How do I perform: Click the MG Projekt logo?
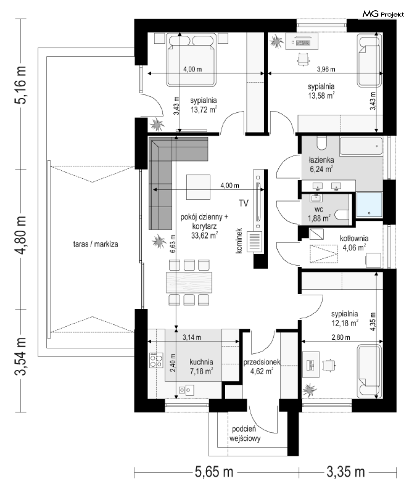[x=383, y=14]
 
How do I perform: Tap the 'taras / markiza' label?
[x=95, y=244]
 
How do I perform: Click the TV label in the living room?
[x=243, y=203]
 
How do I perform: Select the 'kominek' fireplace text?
[x=239, y=241]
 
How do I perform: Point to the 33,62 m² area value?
[x=205, y=235]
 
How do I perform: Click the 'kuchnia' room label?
[x=201, y=362]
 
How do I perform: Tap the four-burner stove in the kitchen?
[x=156, y=360]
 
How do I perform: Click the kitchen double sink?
[x=187, y=390]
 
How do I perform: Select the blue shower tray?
[x=369, y=205]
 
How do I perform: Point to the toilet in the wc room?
[x=342, y=214]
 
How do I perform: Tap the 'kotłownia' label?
[x=354, y=238]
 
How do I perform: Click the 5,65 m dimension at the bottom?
[x=214, y=472]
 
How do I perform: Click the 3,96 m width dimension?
[x=326, y=69]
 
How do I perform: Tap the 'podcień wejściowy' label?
[x=245, y=434]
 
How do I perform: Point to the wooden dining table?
[x=189, y=282]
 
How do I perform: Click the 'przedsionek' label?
[x=261, y=362]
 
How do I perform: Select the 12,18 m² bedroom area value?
[x=345, y=323]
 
